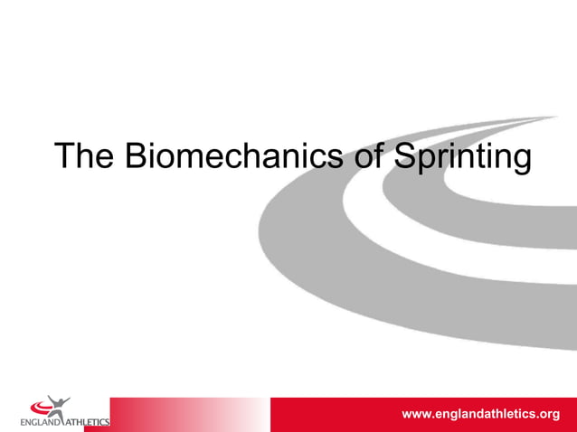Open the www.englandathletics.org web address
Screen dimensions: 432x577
coord(480,414)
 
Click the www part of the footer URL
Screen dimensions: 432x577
coord(416,415)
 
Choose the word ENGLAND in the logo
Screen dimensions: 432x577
coord(42,421)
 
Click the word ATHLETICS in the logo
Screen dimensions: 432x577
coord(89,421)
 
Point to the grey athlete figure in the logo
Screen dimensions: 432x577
coord(60,403)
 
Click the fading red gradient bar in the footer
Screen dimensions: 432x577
coord(181,414)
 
